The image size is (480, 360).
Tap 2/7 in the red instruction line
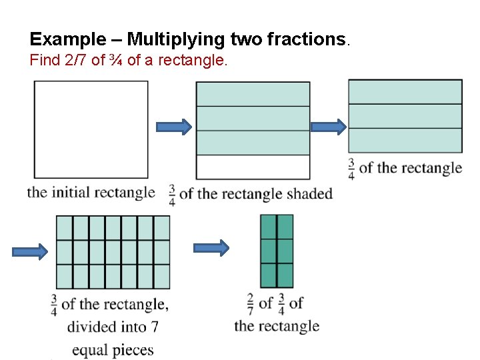click(x=78, y=61)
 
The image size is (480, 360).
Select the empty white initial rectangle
click(x=91, y=129)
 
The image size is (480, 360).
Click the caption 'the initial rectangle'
click(x=91, y=193)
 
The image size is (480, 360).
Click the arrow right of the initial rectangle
click(x=173, y=127)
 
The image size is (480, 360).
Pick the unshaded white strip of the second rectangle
click(x=253, y=167)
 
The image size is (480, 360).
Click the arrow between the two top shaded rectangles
click(x=329, y=127)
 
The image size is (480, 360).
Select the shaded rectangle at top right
click(x=405, y=116)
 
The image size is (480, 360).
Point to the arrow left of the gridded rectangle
click(x=30, y=251)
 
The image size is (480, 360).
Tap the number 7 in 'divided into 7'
click(x=154, y=327)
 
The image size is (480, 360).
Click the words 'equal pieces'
click(x=113, y=349)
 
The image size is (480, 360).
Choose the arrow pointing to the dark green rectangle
click(x=211, y=248)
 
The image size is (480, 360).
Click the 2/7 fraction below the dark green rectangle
click(x=250, y=303)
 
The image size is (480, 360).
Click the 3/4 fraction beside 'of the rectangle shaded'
click(x=172, y=194)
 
